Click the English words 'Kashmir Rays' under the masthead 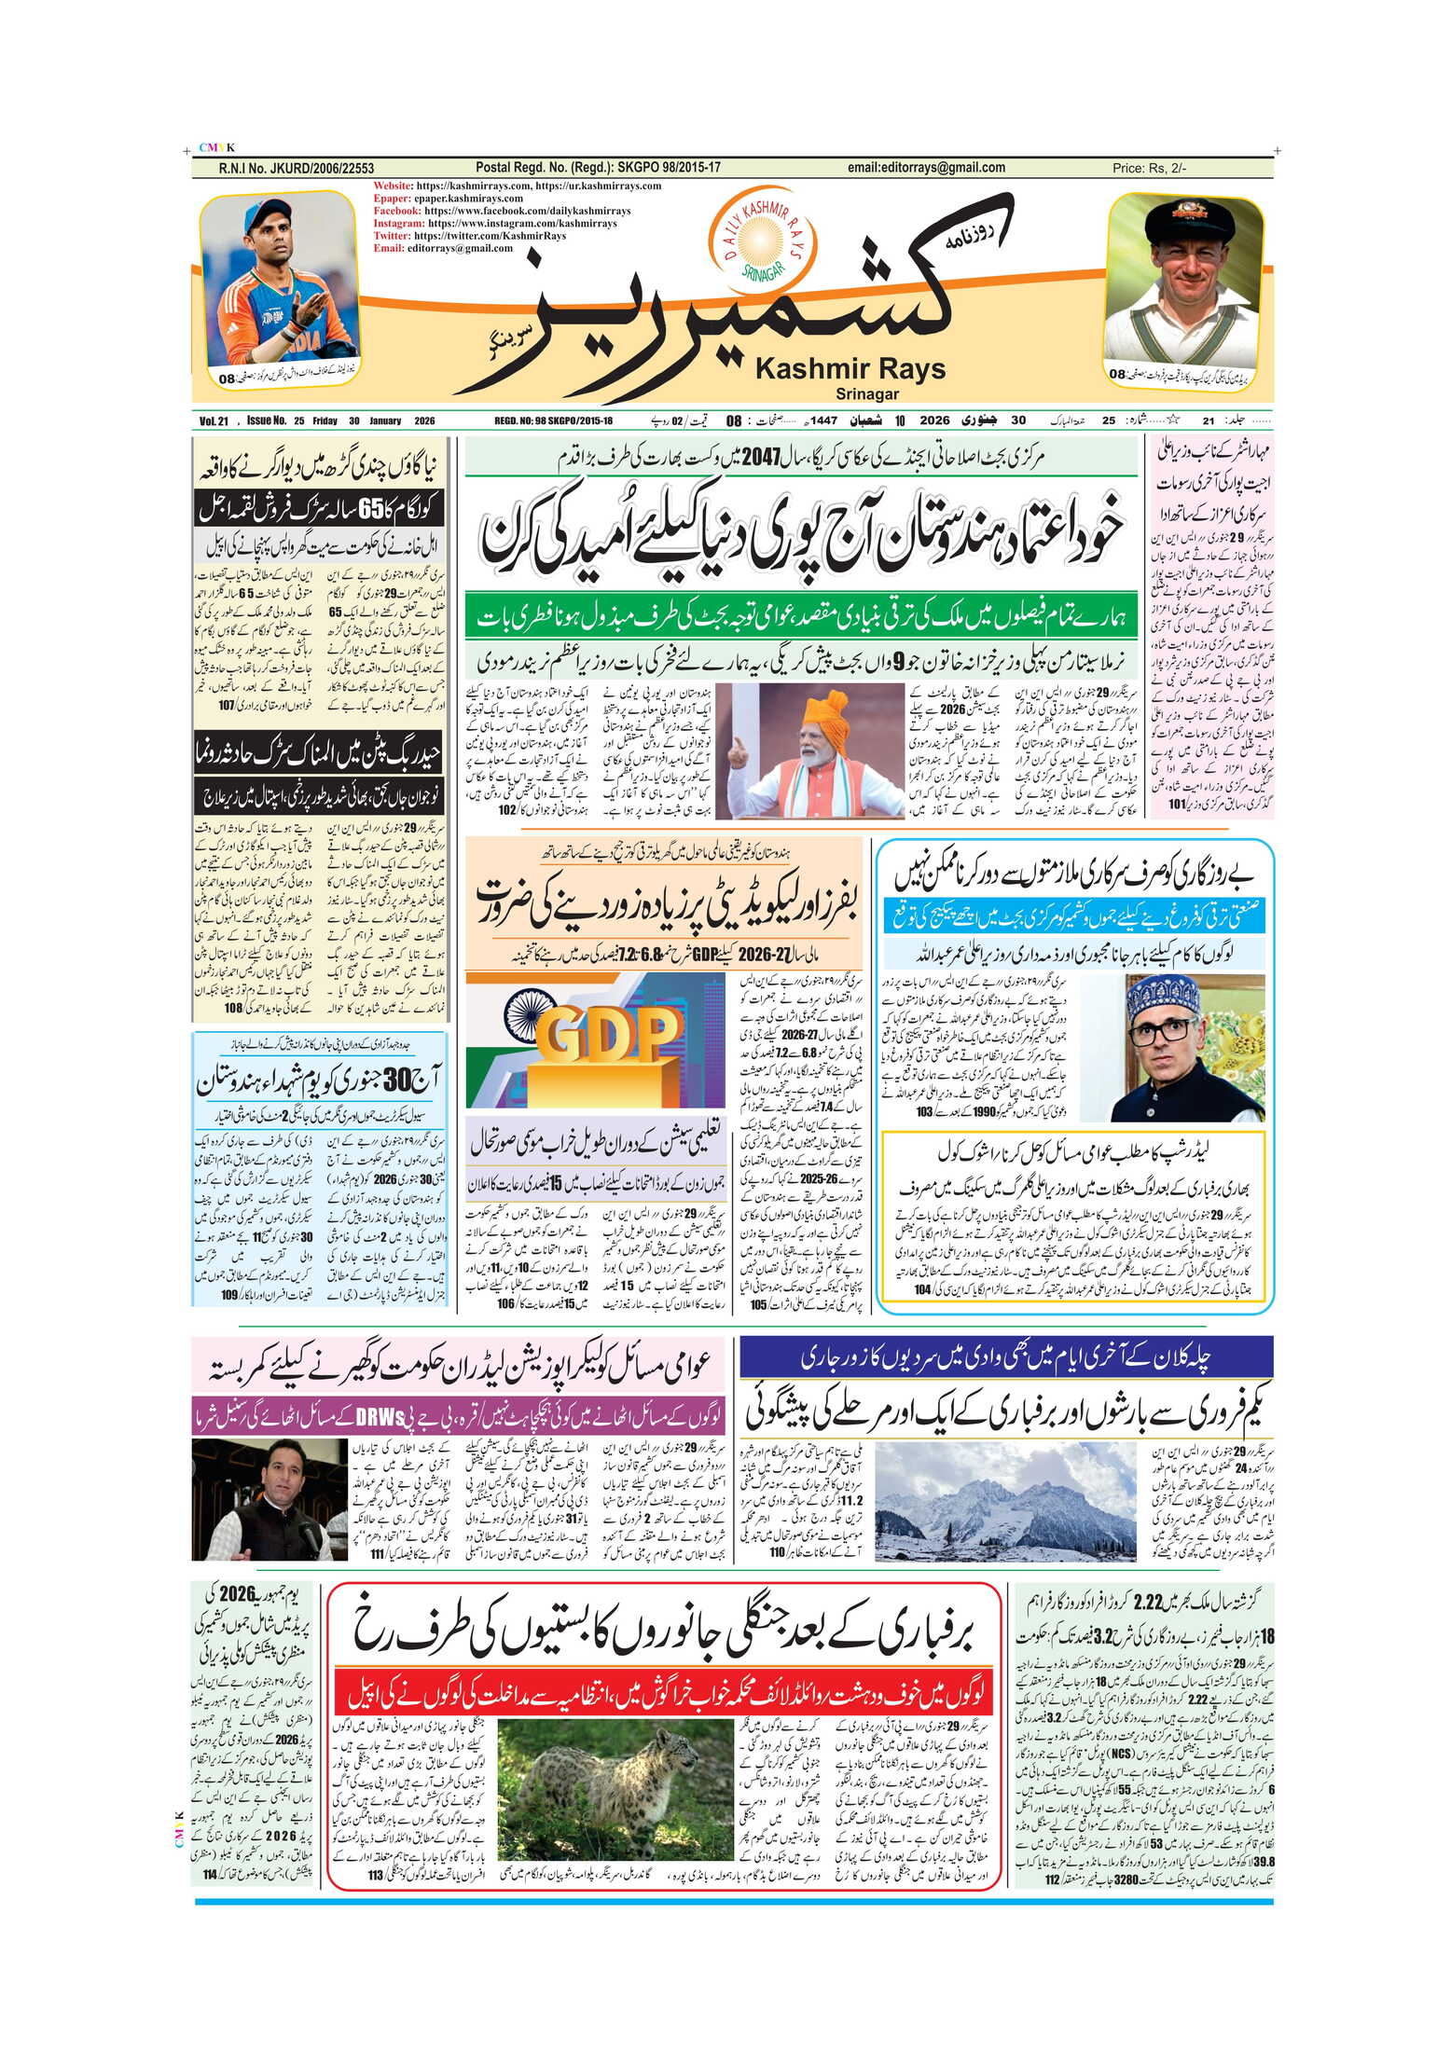pos(850,369)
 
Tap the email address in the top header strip pos(926,168)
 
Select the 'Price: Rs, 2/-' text pos(1149,169)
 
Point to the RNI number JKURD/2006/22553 pos(296,169)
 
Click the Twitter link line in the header pos(469,236)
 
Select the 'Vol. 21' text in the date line pos(214,421)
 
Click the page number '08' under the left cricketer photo pos(228,379)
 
